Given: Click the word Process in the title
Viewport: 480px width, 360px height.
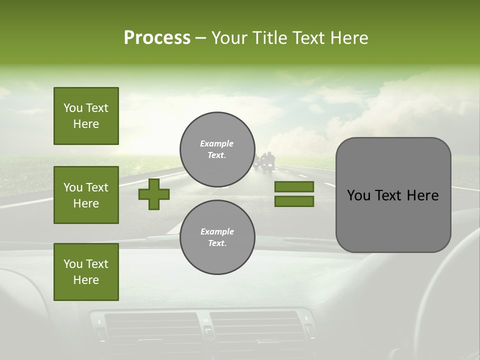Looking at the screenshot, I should click(157, 38).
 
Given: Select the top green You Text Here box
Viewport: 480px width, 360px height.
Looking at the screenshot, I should click(86, 116).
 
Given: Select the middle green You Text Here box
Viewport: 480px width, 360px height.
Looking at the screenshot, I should click(86, 195).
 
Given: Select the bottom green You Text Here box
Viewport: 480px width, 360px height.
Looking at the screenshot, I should click(86, 271).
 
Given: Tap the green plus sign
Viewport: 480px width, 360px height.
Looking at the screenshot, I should click(154, 194).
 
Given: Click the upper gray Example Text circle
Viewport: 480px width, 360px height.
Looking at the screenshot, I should click(217, 149).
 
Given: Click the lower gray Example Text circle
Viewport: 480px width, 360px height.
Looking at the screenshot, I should click(217, 237).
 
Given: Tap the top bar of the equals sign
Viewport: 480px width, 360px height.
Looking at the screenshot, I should click(294, 187).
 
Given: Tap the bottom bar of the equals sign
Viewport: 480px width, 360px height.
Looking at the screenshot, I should click(294, 201).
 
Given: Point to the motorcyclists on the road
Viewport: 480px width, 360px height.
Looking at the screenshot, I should click(265, 161).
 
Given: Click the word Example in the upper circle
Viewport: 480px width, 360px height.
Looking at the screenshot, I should click(217, 143).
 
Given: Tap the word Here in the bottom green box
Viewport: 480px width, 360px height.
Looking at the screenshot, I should click(86, 280).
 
